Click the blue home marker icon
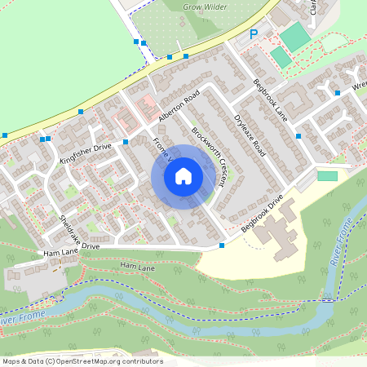tap(183, 176)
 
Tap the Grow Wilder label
tap(203, 7)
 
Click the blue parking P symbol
tap(254, 34)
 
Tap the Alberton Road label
tap(179, 107)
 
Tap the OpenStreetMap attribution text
tap(82, 360)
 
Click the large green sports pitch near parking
tap(295, 37)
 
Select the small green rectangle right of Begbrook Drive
tap(327, 176)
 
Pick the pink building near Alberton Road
tap(148, 104)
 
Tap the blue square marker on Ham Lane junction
tap(223, 245)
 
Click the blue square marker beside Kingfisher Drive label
tap(126, 142)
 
